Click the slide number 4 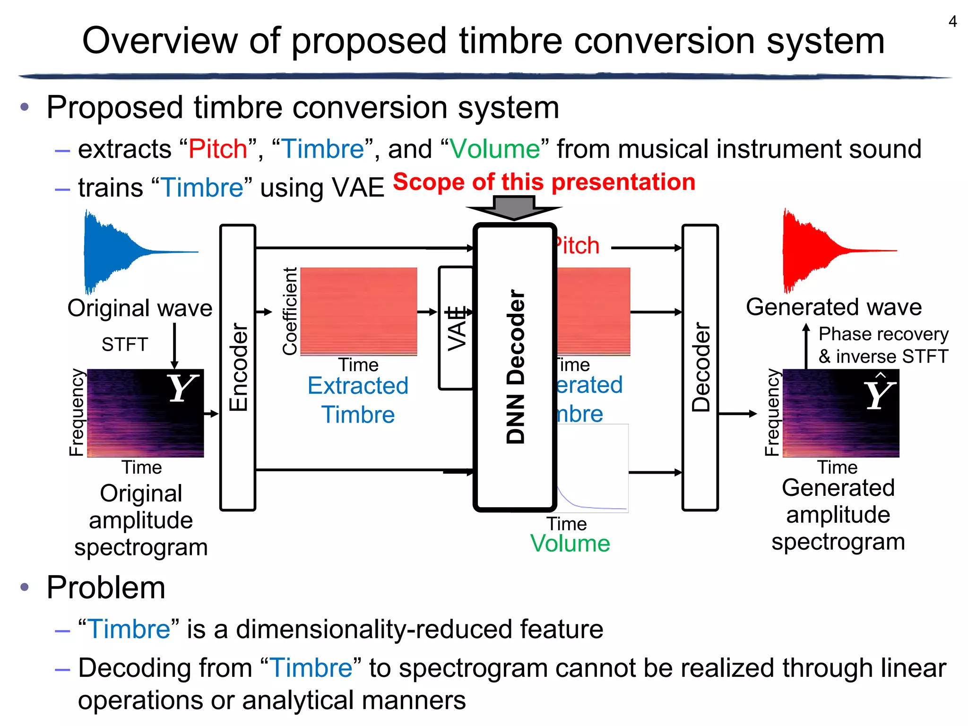952,22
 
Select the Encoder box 238,367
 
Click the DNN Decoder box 515,367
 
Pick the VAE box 456,328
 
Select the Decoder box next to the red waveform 700,367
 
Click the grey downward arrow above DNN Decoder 514,209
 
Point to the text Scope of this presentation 544,182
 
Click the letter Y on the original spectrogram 181,389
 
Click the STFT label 125,344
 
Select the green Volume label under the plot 570,543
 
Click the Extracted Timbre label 358,400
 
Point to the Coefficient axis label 289,311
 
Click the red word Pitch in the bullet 218,149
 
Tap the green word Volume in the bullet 494,149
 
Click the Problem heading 106,588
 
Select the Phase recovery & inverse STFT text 883,345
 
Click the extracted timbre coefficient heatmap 359,311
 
